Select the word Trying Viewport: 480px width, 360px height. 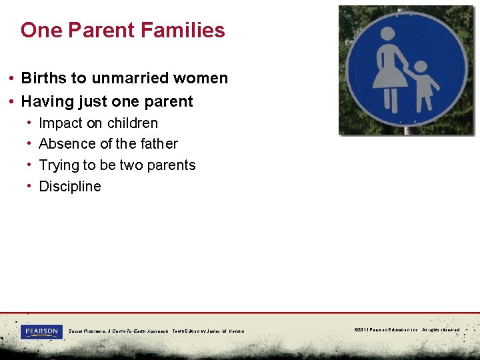tap(59, 165)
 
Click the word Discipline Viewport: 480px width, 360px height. tap(70, 187)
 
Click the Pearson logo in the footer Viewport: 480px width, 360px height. tap(41, 331)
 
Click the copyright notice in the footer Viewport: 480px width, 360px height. tap(407, 330)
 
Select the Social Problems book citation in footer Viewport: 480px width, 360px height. tap(156, 331)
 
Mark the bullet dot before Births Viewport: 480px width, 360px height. tap(13, 78)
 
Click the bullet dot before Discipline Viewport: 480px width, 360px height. tap(31, 187)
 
